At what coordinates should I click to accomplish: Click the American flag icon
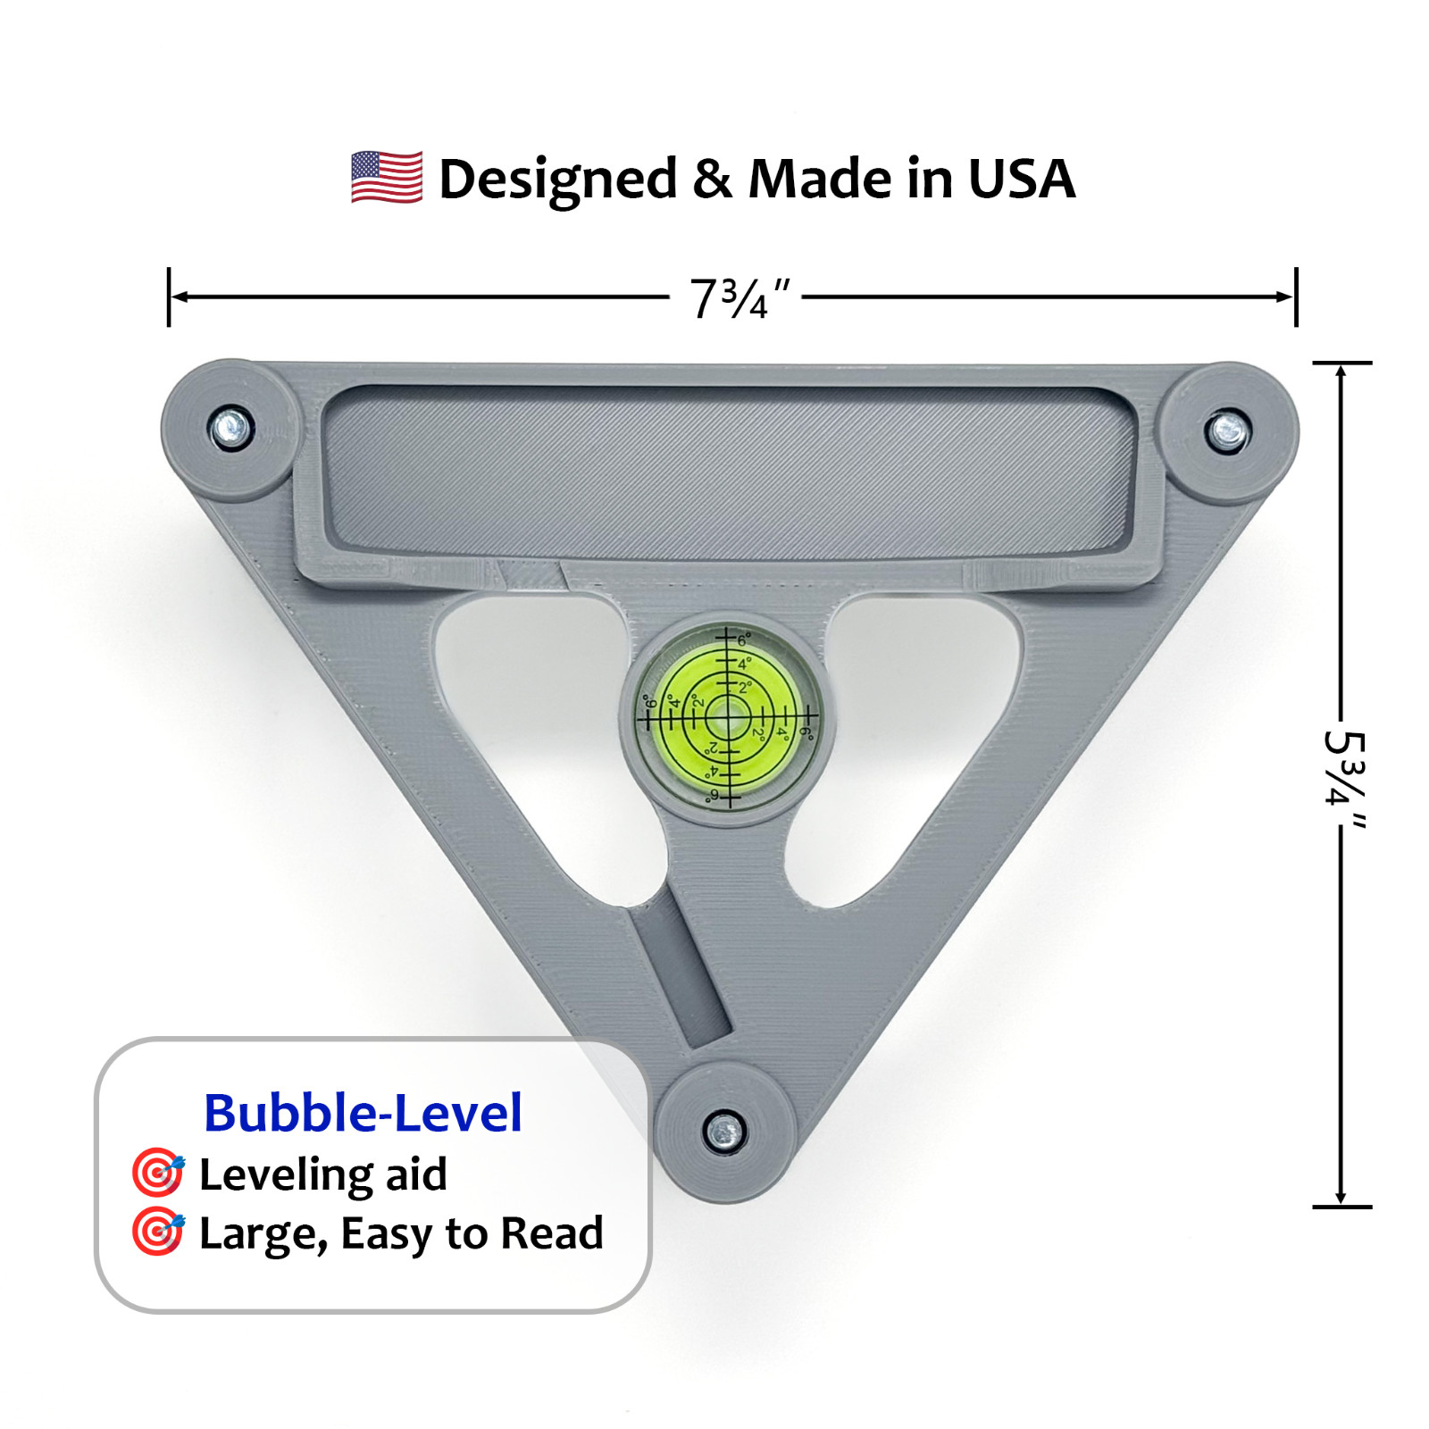386,177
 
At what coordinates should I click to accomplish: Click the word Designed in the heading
558,180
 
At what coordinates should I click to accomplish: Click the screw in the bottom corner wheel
724,1132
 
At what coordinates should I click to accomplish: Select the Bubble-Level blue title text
363,1113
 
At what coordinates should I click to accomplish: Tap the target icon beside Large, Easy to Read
158,1232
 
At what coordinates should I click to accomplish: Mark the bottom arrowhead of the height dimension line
1341,1198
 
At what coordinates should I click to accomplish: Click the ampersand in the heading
712,179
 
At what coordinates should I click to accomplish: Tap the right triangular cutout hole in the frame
911,732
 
